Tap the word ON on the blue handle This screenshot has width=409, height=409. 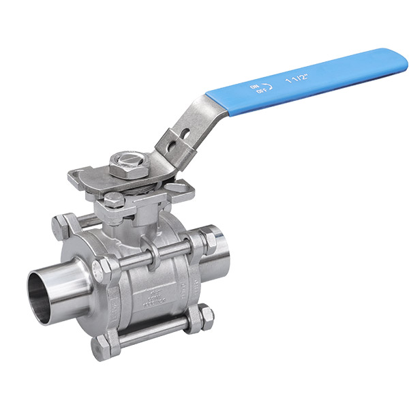coord(254,87)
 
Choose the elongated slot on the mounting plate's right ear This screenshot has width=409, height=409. coord(183,186)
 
